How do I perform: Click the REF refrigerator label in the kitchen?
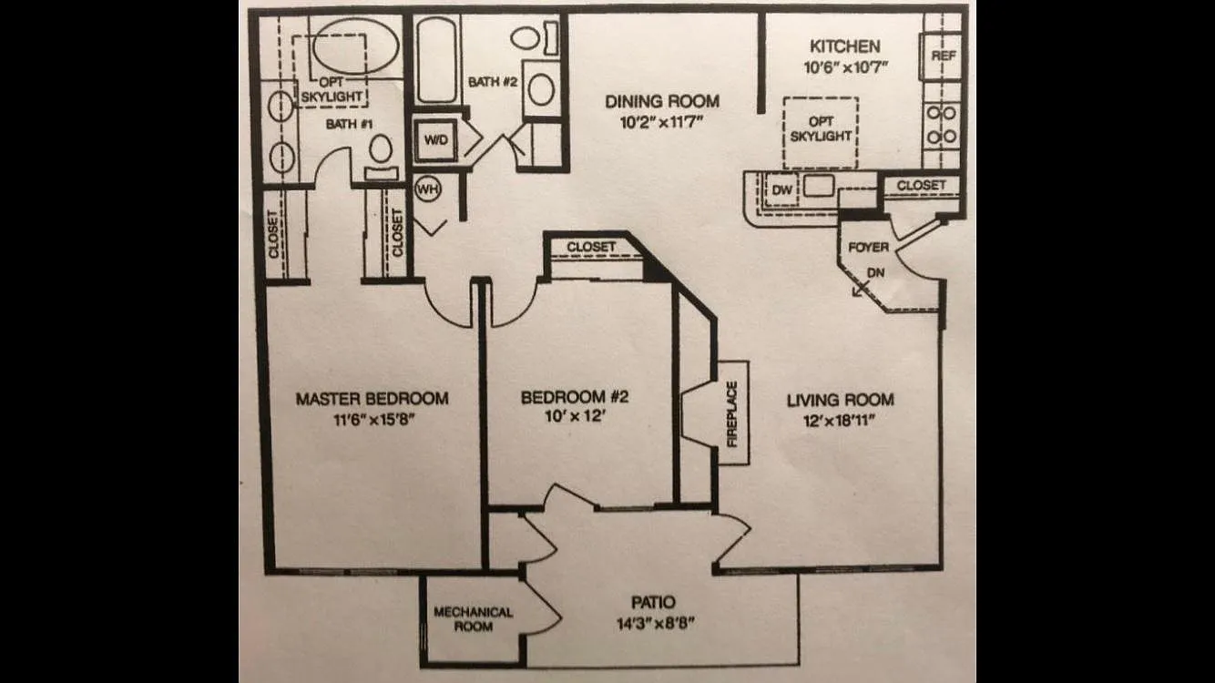point(944,56)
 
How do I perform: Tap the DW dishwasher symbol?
point(781,189)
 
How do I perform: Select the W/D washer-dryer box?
point(435,140)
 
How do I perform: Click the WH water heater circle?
point(427,189)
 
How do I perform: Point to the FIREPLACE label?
point(732,414)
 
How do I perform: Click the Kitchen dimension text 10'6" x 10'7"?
point(845,67)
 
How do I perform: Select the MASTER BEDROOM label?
point(373,399)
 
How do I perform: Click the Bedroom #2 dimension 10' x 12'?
point(575,416)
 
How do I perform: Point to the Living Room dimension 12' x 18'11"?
point(840,421)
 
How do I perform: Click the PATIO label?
point(654,602)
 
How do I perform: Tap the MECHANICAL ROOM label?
point(473,619)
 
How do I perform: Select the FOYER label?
point(868,248)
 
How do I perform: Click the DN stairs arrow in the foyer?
point(859,291)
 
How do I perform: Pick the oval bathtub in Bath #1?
point(355,46)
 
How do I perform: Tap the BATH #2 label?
point(493,82)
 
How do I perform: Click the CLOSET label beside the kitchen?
point(921,186)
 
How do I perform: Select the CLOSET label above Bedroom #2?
point(591,247)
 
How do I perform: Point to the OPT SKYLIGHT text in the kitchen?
point(821,128)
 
